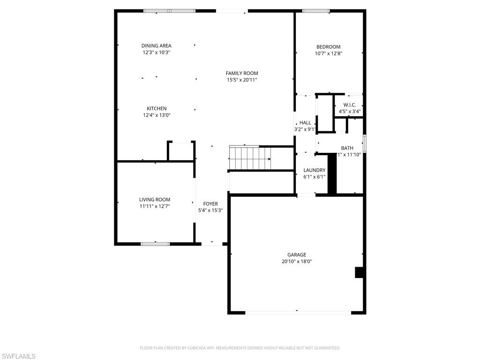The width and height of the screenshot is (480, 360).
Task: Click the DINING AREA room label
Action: pyautogui.click(x=156, y=46)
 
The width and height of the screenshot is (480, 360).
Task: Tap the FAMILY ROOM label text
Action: pyautogui.click(x=242, y=73)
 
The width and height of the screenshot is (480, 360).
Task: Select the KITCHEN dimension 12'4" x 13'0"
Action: pyautogui.click(x=156, y=115)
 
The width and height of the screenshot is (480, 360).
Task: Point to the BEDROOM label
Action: pyautogui.click(x=328, y=47)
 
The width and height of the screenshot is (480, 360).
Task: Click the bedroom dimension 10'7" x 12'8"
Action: pyautogui.click(x=328, y=53)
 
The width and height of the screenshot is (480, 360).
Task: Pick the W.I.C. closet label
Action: pyautogui.click(x=350, y=105)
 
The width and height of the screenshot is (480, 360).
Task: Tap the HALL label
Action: pyautogui.click(x=305, y=123)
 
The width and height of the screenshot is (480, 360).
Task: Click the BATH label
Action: pyautogui.click(x=347, y=148)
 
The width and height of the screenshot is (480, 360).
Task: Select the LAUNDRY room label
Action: pyautogui.click(x=314, y=170)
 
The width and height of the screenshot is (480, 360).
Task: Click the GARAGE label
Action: pyautogui.click(x=297, y=255)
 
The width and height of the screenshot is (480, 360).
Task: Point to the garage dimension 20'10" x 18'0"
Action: pyautogui.click(x=297, y=262)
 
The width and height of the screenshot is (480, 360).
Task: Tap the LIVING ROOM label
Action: pyautogui.click(x=155, y=200)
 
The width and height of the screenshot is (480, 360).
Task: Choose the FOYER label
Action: pyautogui.click(x=210, y=204)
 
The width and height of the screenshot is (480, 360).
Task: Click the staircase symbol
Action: pyautogui.click(x=250, y=158)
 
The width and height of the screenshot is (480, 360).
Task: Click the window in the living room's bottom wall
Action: pyautogui.click(x=155, y=244)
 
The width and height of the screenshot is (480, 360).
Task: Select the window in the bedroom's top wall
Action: pyautogui.click(x=315, y=11)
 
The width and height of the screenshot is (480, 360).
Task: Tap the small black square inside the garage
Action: pyautogui.click(x=360, y=273)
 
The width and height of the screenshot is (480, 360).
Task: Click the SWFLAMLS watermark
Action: pyautogui.click(x=18, y=357)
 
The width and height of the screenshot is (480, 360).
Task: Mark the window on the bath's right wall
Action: pyautogui.click(x=364, y=143)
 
